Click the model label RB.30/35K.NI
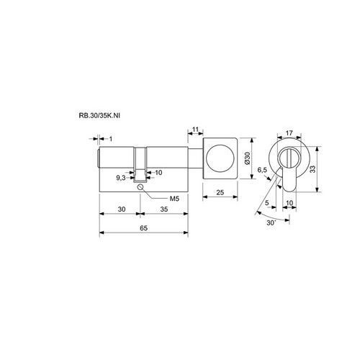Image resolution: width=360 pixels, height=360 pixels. (99, 115)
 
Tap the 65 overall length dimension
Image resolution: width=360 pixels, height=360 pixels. (143, 228)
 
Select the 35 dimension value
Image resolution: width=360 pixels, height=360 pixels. (164, 210)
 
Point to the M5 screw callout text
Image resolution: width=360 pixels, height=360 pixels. (174, 199)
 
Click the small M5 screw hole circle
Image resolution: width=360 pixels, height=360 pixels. (140, 186)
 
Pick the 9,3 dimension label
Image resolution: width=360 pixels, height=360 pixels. (121, 178)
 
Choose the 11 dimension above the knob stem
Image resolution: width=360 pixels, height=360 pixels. (196, 130)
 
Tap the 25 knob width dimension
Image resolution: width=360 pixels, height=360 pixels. (220, 192)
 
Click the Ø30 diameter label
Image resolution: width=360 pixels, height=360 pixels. (247, 158)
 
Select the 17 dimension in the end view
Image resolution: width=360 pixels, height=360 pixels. (289, 132)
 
